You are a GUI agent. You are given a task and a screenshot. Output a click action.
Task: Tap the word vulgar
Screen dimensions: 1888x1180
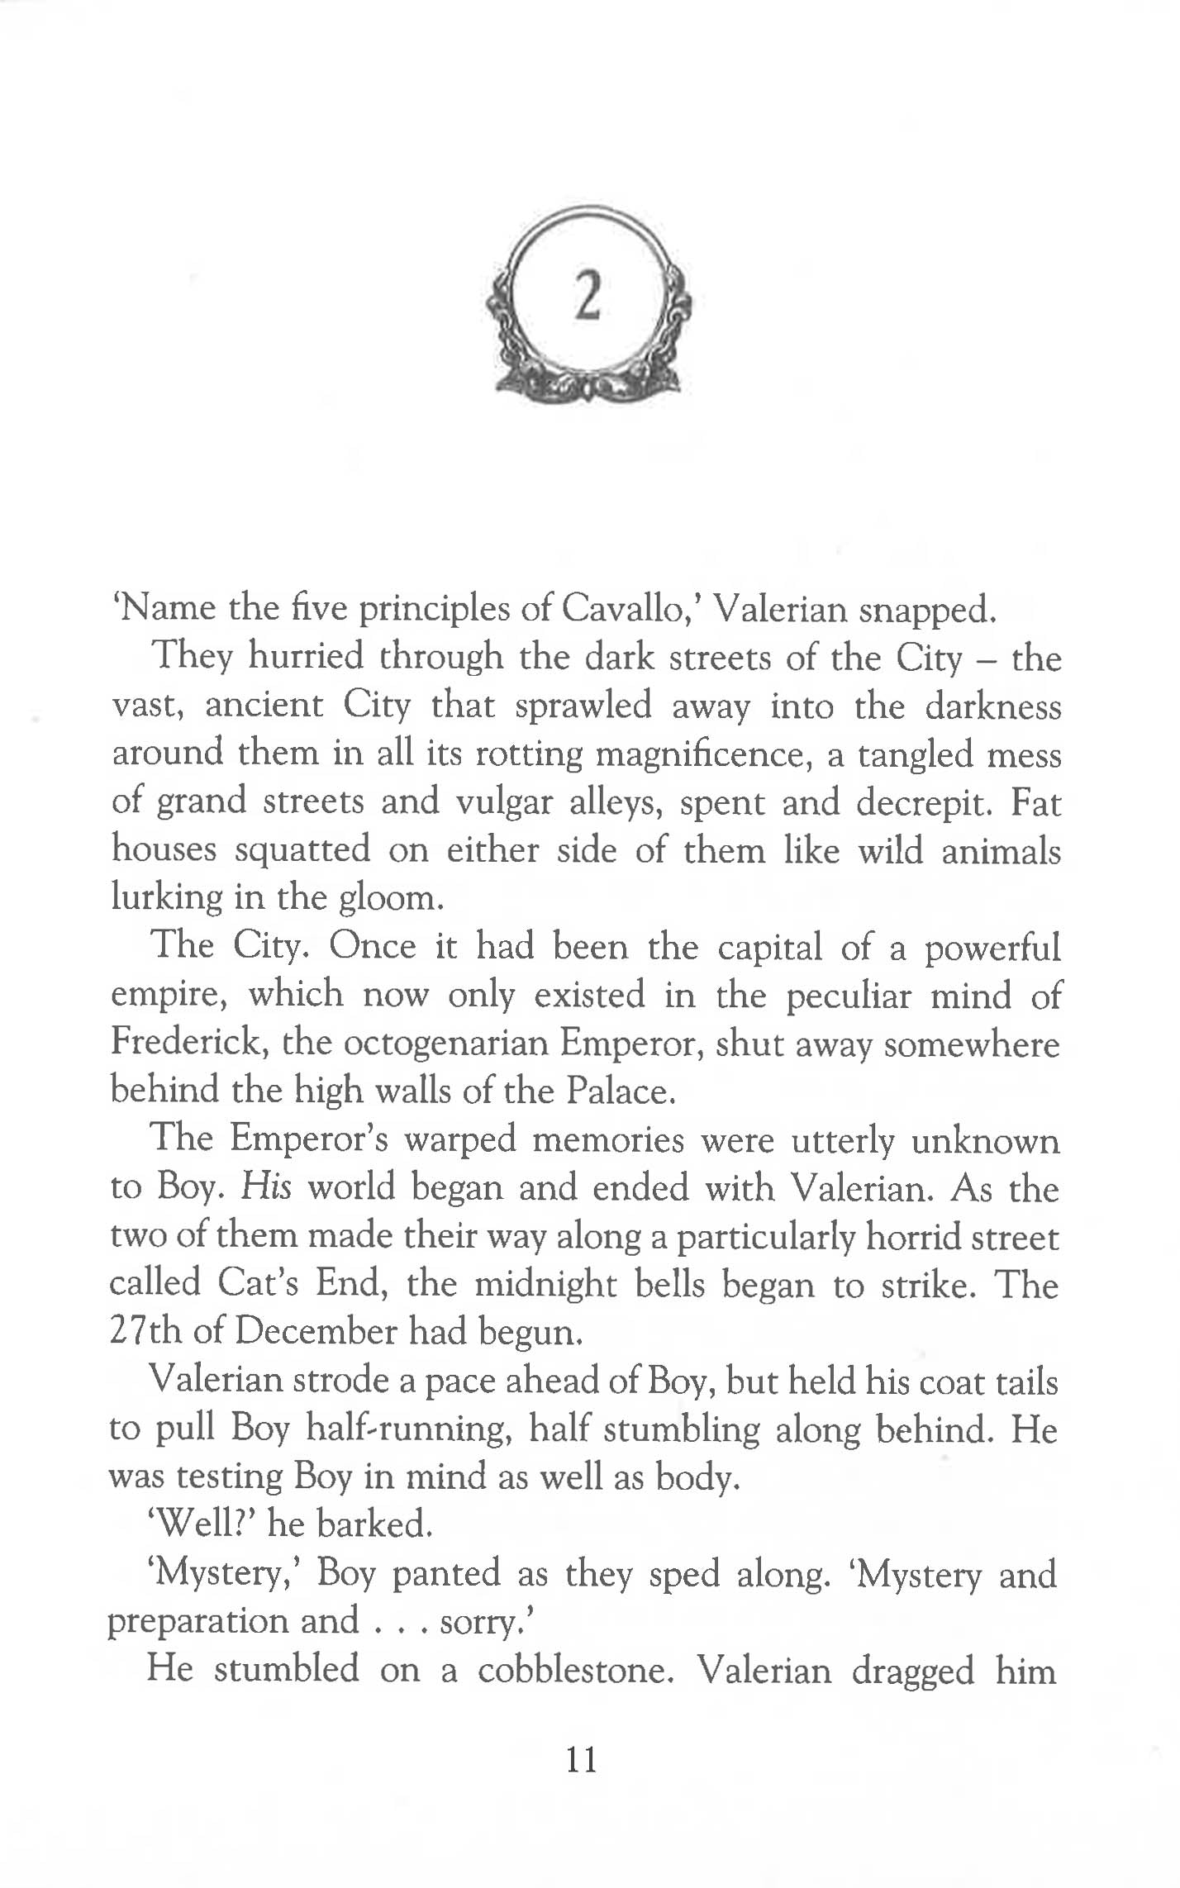click(x=504, y=802)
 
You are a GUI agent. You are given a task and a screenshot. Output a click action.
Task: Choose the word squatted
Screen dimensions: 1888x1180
click(x=302, y=851)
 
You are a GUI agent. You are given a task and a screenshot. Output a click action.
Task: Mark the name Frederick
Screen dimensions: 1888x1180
click(x=188, y=1043)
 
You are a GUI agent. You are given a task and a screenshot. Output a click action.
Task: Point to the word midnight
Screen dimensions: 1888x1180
click(x=545, y=1284)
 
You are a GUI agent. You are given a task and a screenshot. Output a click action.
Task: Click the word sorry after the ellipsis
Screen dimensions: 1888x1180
click(x=483, y=1622)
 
